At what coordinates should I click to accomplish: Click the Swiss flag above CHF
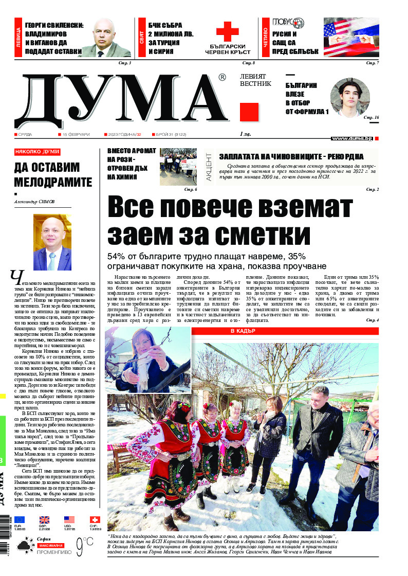pyautogui.click(x=95, y=520)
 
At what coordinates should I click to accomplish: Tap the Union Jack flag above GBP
pyautogui.click(x=45, y=520)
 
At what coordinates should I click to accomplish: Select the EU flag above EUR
pyautogui.click(x=20, y=520)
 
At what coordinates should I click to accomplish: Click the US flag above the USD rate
pyautogui.click(x=69, y=520)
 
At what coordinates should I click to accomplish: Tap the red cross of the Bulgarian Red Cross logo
pyautogui.click(x=227, y=32)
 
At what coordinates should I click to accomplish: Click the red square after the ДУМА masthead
pyautogui.click(x=249, y=112)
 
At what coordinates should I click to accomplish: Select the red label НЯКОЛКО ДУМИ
pyautogui.click(x=38, y=152)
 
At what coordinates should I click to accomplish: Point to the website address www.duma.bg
pyautogui.click(x=352, y=138)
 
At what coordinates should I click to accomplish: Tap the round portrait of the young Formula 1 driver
pyautogui.click(x=349, y=98)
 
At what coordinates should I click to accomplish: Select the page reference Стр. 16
pyautogui.click(x=370, y=118)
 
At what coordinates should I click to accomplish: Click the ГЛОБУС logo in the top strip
pyautogui.click(x=288, y=23)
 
